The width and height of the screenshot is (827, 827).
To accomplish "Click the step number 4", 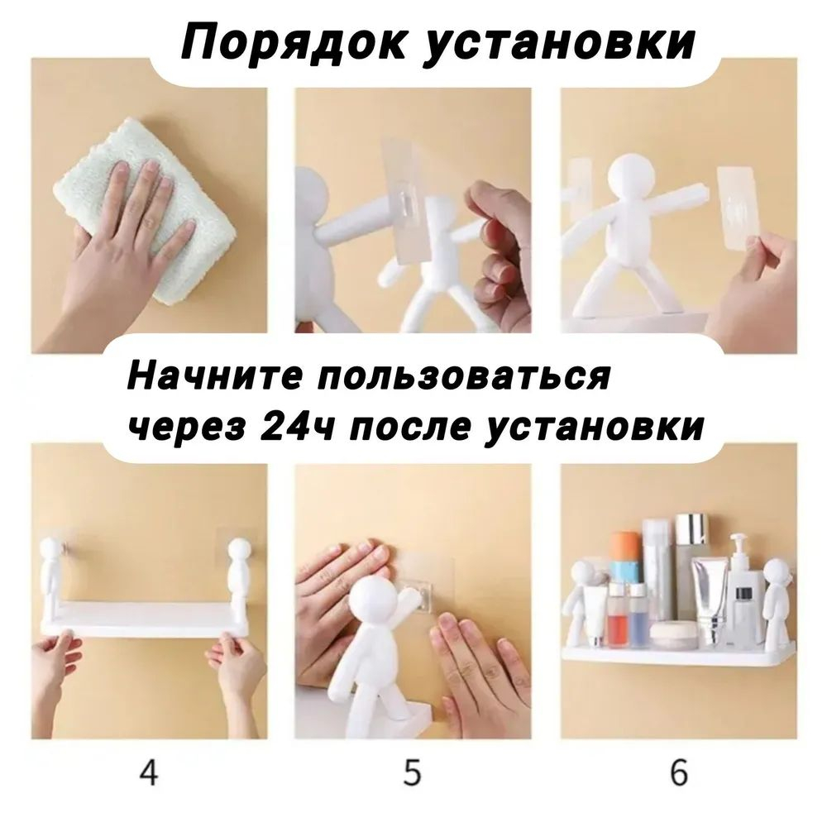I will coord(149,774).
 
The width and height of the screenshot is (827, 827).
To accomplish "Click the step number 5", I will coord(413,774).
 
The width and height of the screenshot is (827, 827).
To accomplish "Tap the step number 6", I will coord(678,774).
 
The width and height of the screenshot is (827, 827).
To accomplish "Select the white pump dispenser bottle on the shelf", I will coord(744,591).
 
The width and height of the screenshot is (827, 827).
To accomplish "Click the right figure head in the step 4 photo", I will coord(238,550).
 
